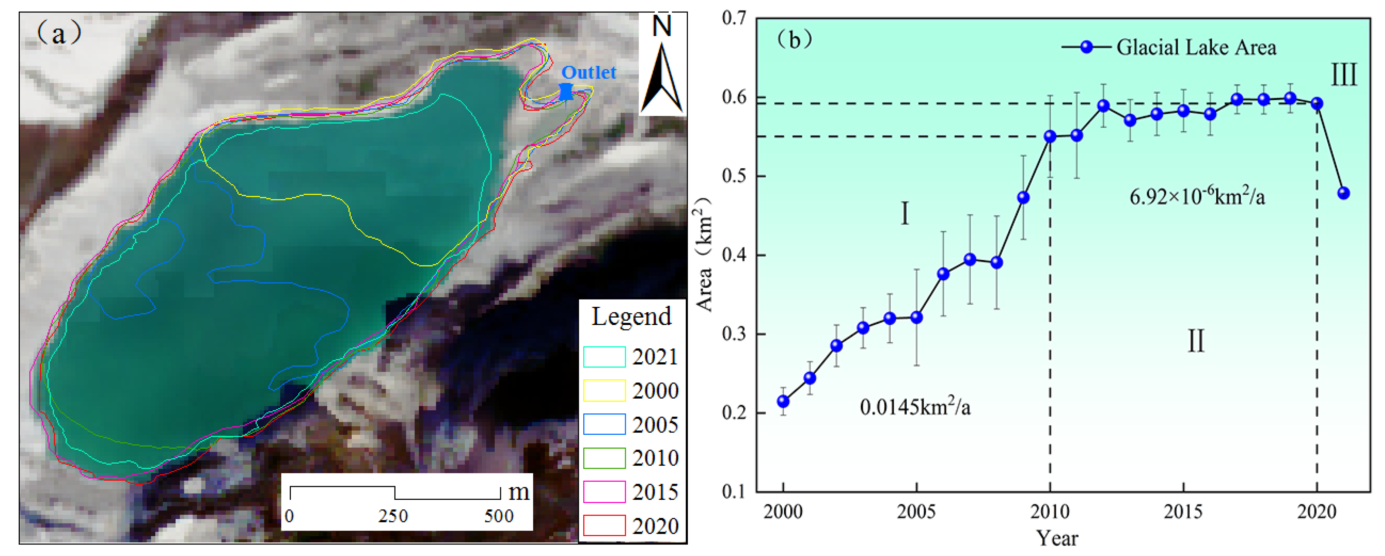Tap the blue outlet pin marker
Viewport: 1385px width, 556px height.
566,92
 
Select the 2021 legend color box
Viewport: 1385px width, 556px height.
604,357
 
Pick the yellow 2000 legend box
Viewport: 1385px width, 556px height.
604,391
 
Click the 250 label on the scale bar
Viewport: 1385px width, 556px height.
393,516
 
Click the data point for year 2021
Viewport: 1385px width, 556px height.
1343,193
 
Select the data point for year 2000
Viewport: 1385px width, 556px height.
783,401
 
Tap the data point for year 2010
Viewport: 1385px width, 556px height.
1050,136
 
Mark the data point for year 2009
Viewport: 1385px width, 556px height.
1023,198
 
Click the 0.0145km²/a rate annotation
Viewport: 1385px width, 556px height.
915,407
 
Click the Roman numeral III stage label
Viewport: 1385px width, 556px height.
1343,75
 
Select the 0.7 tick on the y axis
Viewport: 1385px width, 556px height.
734,18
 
